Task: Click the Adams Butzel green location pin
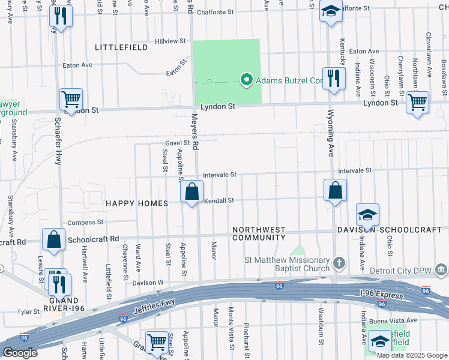[246, 80]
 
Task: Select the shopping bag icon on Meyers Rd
[191, 193]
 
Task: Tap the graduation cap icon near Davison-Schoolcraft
[368, 215]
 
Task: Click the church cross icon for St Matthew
[339, 263]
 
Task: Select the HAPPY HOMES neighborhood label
[137, 204]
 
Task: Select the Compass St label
[81, 223]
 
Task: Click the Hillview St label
[170, 41]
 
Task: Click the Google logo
[19, 353]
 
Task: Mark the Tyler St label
[28, 312]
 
